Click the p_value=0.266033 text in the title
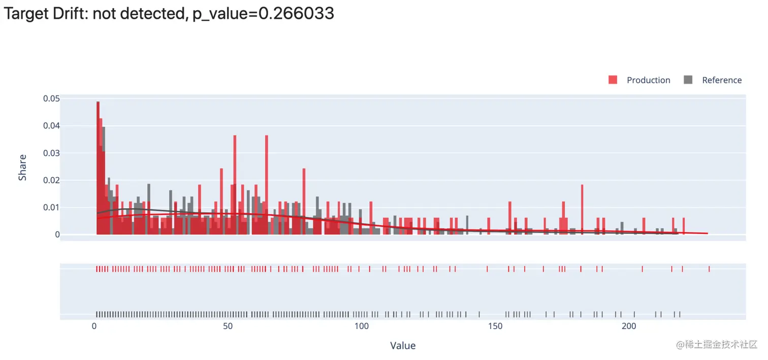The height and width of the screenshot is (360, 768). [263, 14]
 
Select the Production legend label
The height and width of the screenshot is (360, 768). [648, 80]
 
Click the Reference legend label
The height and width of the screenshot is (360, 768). [721, 80]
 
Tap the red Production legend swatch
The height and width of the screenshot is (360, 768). [613, 80]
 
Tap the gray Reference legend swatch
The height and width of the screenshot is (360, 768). [688, 80]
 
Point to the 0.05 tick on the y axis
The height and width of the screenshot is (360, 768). [52, 99]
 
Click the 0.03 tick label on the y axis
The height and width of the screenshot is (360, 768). [52, 153]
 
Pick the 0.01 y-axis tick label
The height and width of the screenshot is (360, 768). [52, 207]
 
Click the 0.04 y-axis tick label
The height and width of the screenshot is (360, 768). [52, 125]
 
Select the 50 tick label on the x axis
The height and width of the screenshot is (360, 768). [228, 326]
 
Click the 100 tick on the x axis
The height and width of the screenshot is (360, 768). [361, 326]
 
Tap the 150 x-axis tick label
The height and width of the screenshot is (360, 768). [495, 326]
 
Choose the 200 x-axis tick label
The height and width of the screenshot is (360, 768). [629, 326]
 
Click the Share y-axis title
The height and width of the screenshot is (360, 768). [22, 168]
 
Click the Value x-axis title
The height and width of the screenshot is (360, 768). [403, 346]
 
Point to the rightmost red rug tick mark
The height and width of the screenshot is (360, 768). [709, 269]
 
